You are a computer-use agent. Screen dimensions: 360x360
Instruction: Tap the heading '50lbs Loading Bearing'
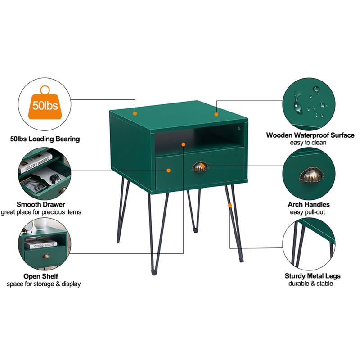[x=45, y=139]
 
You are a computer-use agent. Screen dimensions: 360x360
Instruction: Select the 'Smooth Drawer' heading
[x=41, y=204]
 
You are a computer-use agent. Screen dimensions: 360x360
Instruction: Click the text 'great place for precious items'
[x=41, y=212]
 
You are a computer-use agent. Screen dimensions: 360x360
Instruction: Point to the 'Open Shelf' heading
[x=41, y=276]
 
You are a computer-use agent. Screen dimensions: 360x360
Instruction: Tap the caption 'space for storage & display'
[x=44, y=284]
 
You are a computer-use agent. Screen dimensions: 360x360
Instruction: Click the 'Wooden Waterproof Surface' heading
[x=310, y=135]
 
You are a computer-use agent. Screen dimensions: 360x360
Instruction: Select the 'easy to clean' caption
[x=308, y=143]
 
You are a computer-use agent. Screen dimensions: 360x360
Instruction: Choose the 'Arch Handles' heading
[x=309, y=204]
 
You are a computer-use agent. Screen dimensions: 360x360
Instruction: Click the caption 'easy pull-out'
[x=307, y=212]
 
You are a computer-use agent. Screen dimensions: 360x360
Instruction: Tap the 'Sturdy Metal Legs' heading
[x=313, y=276]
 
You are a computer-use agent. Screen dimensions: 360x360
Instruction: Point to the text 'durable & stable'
[x=310, y=283]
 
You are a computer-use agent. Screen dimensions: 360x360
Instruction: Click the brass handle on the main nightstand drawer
[x=200, y=166]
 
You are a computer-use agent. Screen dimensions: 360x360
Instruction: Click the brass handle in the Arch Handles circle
[x=311, y=175]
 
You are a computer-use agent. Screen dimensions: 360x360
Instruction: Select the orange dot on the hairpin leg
[x=230, y=206]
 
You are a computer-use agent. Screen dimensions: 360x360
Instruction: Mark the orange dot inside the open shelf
[x=183, y=144]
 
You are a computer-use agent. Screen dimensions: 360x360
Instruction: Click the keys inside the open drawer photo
[x=55, y=178]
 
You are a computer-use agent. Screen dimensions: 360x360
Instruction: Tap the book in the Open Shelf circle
[x=41, y=244]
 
